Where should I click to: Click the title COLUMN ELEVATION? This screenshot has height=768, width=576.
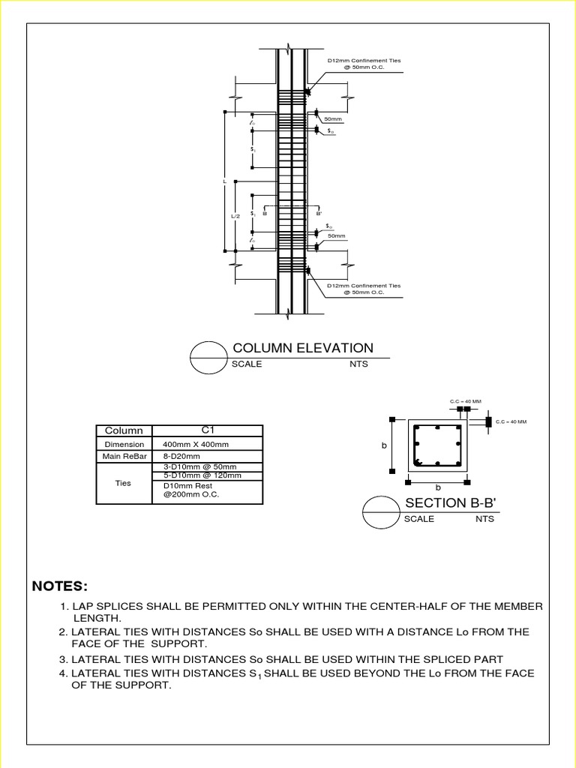click(x=302, y=348)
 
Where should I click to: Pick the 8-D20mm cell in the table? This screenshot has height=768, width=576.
click(x=181, y=456)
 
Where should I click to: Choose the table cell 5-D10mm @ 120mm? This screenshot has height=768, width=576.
click(x=203, y=475)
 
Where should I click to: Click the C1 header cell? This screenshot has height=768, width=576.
click(x=208, y=430)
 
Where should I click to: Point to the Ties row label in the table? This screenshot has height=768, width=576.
click(x=124, y=484)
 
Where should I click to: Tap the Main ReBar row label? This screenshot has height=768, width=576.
click(x=124, y=456)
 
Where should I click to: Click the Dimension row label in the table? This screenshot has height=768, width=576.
click(x=124, y=444)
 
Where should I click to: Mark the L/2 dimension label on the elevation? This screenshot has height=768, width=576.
click(x=235, y=216)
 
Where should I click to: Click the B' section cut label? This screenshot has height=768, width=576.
click(x=319, y=214)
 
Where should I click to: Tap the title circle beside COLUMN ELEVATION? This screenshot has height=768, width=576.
click(x=209, y=358)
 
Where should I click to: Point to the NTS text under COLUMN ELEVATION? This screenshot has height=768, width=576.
click(x=358, y=364)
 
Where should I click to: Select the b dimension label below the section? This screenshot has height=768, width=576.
click(x=439, y=488)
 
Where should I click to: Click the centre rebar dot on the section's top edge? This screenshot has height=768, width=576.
click(x=437, y=428)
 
